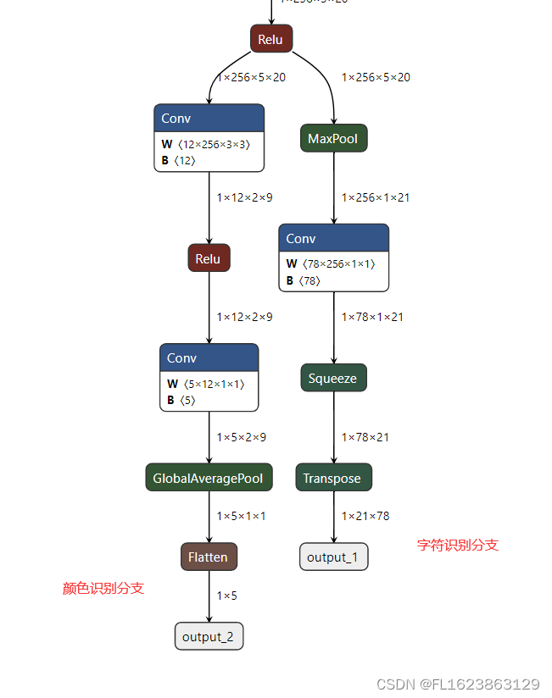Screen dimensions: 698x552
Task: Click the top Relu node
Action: pos(271,39)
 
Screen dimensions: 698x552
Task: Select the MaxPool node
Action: pos(333,138)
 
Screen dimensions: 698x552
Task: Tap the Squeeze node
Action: pos(333,378)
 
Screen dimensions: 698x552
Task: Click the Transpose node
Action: pos(333,478)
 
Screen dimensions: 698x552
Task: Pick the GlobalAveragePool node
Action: pos(209,478)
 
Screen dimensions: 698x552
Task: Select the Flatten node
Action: pos(209,557)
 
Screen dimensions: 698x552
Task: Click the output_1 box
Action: pos(333,557)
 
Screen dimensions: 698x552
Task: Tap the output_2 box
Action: pos(209,636)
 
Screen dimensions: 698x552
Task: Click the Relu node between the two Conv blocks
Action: pos(209,258)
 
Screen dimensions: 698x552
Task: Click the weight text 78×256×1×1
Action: pos(338,263)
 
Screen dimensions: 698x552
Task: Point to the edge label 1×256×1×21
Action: pos(376,197)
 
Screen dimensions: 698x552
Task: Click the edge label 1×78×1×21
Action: pos(372,317)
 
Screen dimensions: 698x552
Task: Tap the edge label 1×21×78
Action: pos(365,516)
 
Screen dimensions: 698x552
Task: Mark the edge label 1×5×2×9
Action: pos(241,437)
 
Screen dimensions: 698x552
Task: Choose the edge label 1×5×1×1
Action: pos(241,516)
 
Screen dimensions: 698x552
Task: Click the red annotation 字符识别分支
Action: pos(458,545)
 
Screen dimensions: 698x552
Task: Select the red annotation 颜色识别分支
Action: pos(103,588)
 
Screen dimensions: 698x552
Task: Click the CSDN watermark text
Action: pos(458,684)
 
